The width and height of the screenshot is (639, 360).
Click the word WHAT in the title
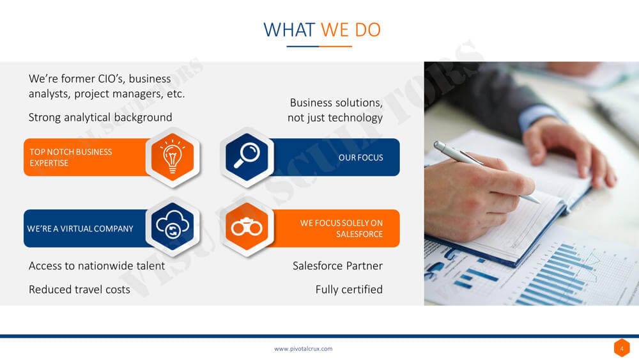(x=289, y=30)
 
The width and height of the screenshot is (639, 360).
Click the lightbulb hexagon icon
(x=173, y=157)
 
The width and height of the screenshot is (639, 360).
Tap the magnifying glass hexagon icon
(x=247, y=157)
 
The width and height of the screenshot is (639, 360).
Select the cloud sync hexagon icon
(x=173, y=227)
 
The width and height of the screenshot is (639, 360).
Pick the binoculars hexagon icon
(x=247, y=227)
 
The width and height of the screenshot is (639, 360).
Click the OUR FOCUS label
(x=360, y=157)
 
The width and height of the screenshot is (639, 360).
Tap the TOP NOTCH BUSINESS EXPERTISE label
(x=70, y=157)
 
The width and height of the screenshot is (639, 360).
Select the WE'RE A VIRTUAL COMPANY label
(x=81, y=229)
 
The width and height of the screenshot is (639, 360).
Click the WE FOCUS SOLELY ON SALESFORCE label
(x=341, y=228)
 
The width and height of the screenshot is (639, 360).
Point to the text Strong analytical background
(x=100, y=118)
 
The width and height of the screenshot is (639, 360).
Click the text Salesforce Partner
(x=337, y=266)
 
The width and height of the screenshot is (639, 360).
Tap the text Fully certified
(x=349, y=290)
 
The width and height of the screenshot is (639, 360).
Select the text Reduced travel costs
(x=79, y=290)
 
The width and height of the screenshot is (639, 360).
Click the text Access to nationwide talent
(x=97, y=266)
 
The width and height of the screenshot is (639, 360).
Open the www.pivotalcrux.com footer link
(x=303, y=348)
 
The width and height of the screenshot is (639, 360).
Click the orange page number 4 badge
(x=622, y=348)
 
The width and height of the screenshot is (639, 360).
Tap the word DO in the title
(x=367, y=30)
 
